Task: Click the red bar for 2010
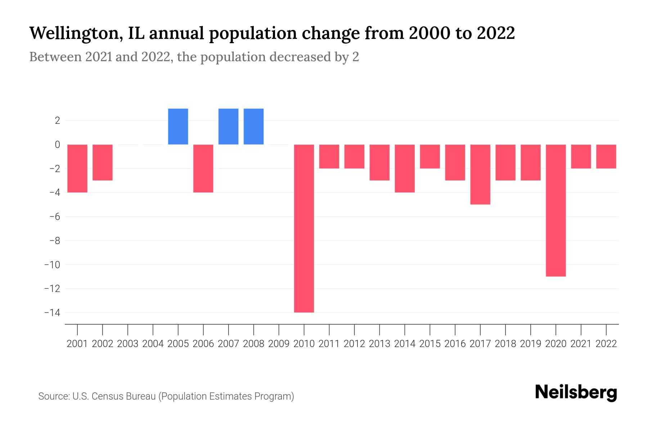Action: click(304, 228)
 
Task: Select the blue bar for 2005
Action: click(178, 126)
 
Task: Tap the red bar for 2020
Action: click(555, 210)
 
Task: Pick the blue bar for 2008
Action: click(253, 126)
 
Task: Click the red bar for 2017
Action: click(480, 174)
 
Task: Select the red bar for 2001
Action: click(77, 168)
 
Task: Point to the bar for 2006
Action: click(203, 168)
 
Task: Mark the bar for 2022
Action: click(606, 156)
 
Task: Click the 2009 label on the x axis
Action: click(279, 344)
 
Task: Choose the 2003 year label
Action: click(128, 344)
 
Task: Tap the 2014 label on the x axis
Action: click(405, 344)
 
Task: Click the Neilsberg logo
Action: click(576, 392)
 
